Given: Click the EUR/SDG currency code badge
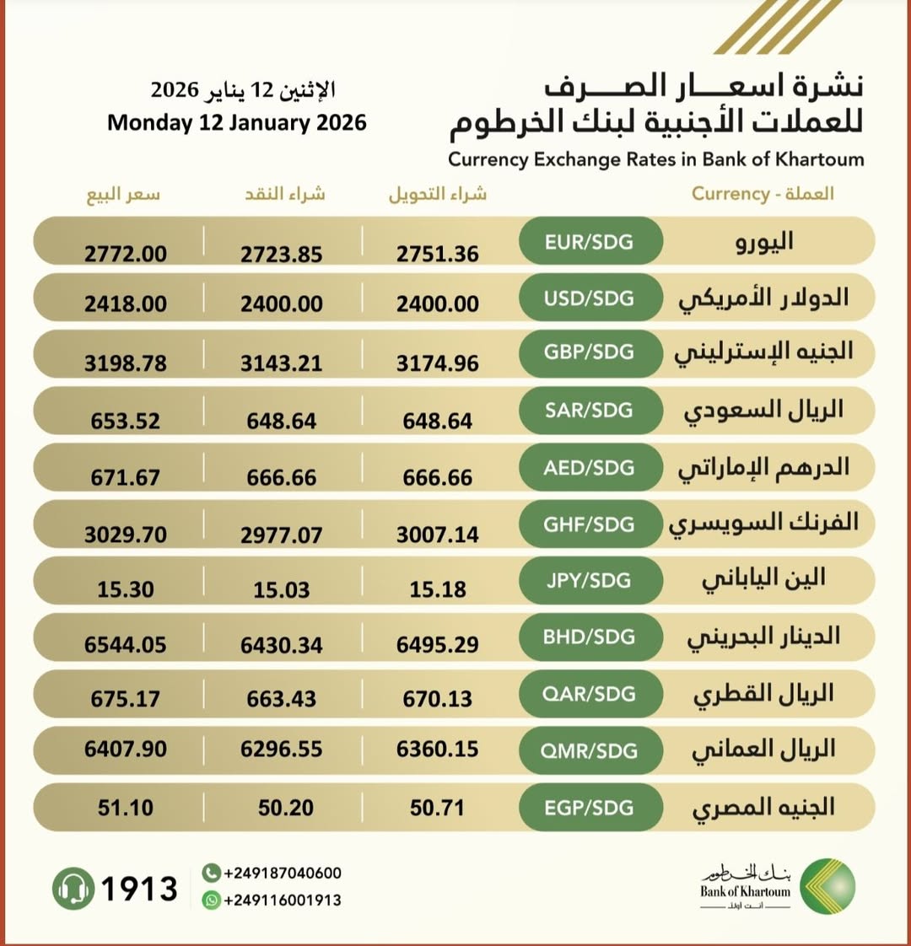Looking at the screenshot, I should (589, 243).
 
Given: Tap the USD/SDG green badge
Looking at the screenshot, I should (589, 298).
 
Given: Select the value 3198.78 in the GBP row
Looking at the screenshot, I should (126, 363).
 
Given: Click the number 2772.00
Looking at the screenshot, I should (126, 254).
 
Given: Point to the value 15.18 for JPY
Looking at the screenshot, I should (438, 589).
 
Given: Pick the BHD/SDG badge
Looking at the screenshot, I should (589, 637).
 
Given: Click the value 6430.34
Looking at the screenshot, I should (282, 645).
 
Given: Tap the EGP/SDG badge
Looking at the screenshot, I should (589, 808).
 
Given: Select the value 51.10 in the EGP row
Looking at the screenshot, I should (126, 808).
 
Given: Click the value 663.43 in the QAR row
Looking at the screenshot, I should (282, 699).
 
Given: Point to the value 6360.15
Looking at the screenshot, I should (438, 749).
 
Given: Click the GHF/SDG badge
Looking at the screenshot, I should (589, 524).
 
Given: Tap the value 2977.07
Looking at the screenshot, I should (282, 535).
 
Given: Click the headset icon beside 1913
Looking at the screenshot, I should (73, 889).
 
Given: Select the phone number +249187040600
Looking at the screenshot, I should (283, 873).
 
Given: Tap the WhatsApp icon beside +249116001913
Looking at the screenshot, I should (211, 900).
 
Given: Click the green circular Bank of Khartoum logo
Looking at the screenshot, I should (827, 886).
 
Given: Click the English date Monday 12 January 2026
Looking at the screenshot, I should (237, 123).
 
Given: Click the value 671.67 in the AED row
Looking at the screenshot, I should (126, 477).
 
